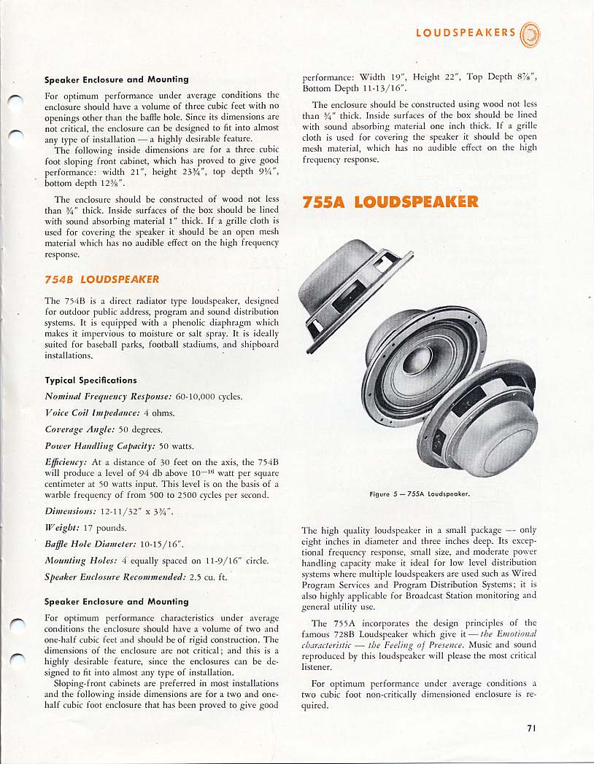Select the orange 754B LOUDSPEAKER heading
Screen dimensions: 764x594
pyautogui.click(x=101, y=279)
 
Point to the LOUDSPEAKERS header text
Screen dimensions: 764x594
pyautogui.click(x=466, y=33)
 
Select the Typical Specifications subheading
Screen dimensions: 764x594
pyautogui.click(x=90, y=380)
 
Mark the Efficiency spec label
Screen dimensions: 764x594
pyautogui.click(x=66, y=461)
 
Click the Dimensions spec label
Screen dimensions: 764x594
pyautogui.click(x=72, y=511)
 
